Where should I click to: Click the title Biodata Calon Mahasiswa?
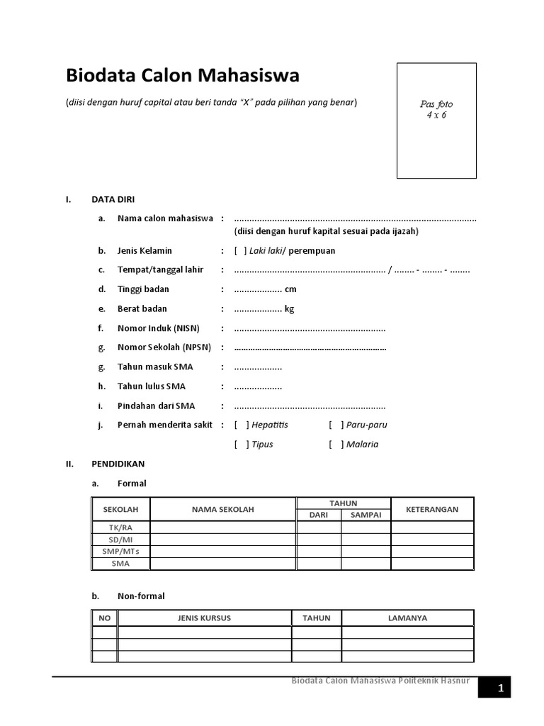pyautogui.click(x=182, y=76)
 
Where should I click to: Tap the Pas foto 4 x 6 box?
pyautogui.click(x=436, y=120)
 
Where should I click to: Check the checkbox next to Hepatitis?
pyautogui.click(x=241, y=425)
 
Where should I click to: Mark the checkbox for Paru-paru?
pyautogui.click(x=336, y=425)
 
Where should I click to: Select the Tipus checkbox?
pyautogui.click(x=241, y=444)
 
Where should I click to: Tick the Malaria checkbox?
pyautogui.click(x=336, y=444)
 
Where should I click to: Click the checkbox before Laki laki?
pyautogui.click(x=241, y=250)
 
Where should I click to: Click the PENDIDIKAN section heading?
pyautogui.click(x=118, y=464)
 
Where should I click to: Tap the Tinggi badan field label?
pyautogui.click(x=143, y=289)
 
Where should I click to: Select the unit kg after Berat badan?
pyautogui.click(x=289, y=308)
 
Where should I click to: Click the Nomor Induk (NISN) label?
pyautogui.click(x=159, y=328)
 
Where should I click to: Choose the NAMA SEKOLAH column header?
pyautogui.click(x=222, y=509)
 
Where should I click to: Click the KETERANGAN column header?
pyautogui.click(x=431, y=509)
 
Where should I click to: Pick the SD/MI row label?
pyautogui.click(x=120, y=540)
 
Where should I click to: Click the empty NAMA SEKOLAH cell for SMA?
pyautogui.click(x=222, y=564)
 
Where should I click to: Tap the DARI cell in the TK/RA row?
pyautogui.click(x=319, y=527)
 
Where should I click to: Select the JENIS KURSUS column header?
pyautogui.click(x=204, y=618)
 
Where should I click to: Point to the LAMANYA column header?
pyautogui.click(x=407, y=618)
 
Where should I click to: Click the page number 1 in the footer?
pyautogui.click(x=499, y=688)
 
